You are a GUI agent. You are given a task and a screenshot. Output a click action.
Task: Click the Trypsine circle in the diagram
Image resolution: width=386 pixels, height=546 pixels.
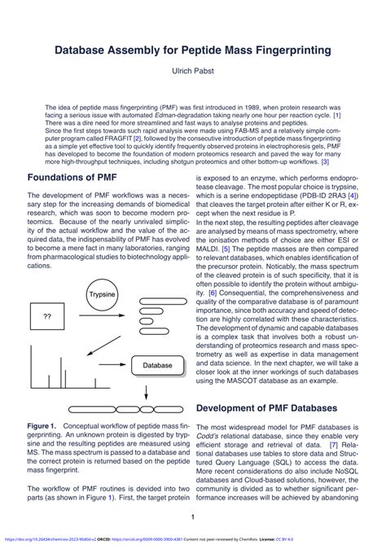click(102, 294)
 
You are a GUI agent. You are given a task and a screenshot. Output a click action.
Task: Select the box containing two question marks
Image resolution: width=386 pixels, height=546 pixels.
click(47, 315)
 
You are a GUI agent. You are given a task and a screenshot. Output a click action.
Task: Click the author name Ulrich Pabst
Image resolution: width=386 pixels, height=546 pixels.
click(192, 72)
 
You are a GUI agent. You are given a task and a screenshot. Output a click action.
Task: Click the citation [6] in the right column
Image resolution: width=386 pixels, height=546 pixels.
click(212, 293)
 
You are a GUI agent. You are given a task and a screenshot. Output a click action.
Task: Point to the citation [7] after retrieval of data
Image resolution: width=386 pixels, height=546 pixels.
click(334, 447)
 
